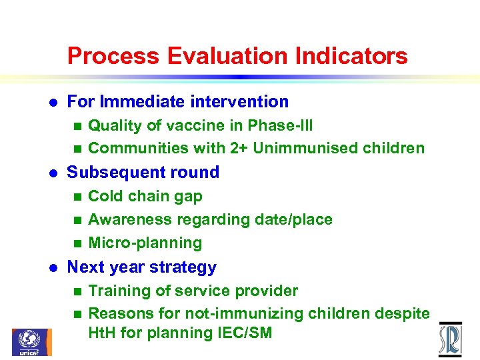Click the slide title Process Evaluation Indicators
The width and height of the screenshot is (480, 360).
pos(237,55)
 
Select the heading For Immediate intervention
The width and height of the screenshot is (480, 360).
pos(178,102)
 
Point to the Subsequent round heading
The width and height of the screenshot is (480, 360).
pos(143,173)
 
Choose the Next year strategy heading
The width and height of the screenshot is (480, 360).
pos(142,267)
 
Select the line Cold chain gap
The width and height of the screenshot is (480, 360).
pos(145,197)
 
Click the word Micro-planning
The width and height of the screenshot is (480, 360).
pos(145,243)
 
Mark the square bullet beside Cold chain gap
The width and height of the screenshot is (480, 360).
pos(77,197)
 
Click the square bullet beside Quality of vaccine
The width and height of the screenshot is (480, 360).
pos(77,126)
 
